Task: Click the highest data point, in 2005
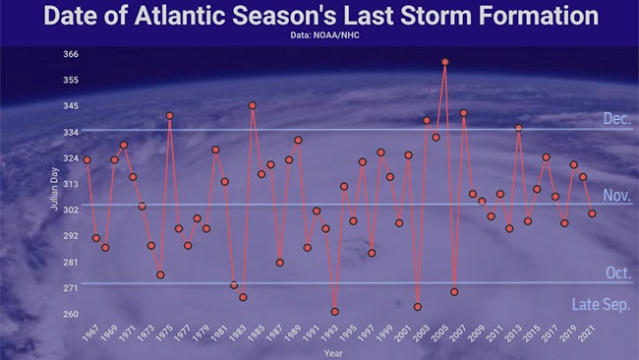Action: pos(445,62)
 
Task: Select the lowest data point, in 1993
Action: pos(335,312)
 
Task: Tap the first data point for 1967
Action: pos(87,159)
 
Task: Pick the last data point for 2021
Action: pos(592,213)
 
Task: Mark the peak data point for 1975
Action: pos(169,116)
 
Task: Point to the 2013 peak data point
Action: pos(518,128)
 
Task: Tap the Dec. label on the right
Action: pos(616,118)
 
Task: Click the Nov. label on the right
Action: pos(616,196)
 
